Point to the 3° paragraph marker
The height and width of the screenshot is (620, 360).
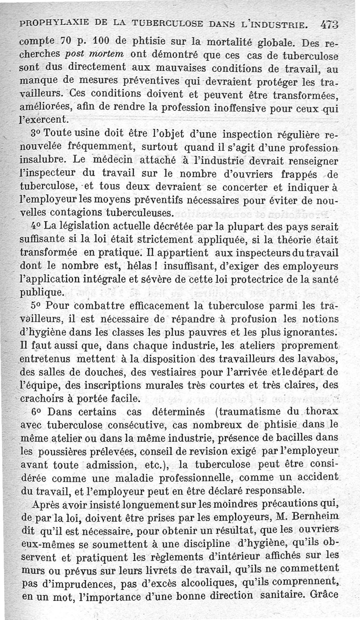point(36,135)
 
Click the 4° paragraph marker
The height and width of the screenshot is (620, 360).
point(36,225)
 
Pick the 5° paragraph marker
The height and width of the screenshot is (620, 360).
point(36,306)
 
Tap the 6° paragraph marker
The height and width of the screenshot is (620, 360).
point(36,412)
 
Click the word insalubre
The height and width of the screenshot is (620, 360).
point(40,160)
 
